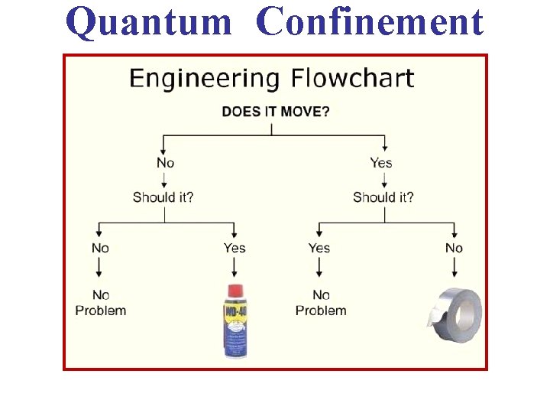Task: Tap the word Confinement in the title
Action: (x=370, y=21)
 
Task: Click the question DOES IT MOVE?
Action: (x=276, y=112)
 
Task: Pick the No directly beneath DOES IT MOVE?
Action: (x=165, y=162)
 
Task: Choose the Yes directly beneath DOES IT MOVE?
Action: (x=380, y=162)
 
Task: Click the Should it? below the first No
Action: (x=163, y=197)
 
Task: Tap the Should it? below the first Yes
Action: (x=383, y=197)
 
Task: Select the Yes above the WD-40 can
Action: (x=235, y=248)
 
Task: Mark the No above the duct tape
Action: (x=454, y=248)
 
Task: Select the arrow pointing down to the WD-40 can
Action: (x=235, y=267)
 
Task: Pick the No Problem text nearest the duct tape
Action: (x=321, y=303)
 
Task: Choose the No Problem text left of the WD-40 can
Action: (x=101, y=303)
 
